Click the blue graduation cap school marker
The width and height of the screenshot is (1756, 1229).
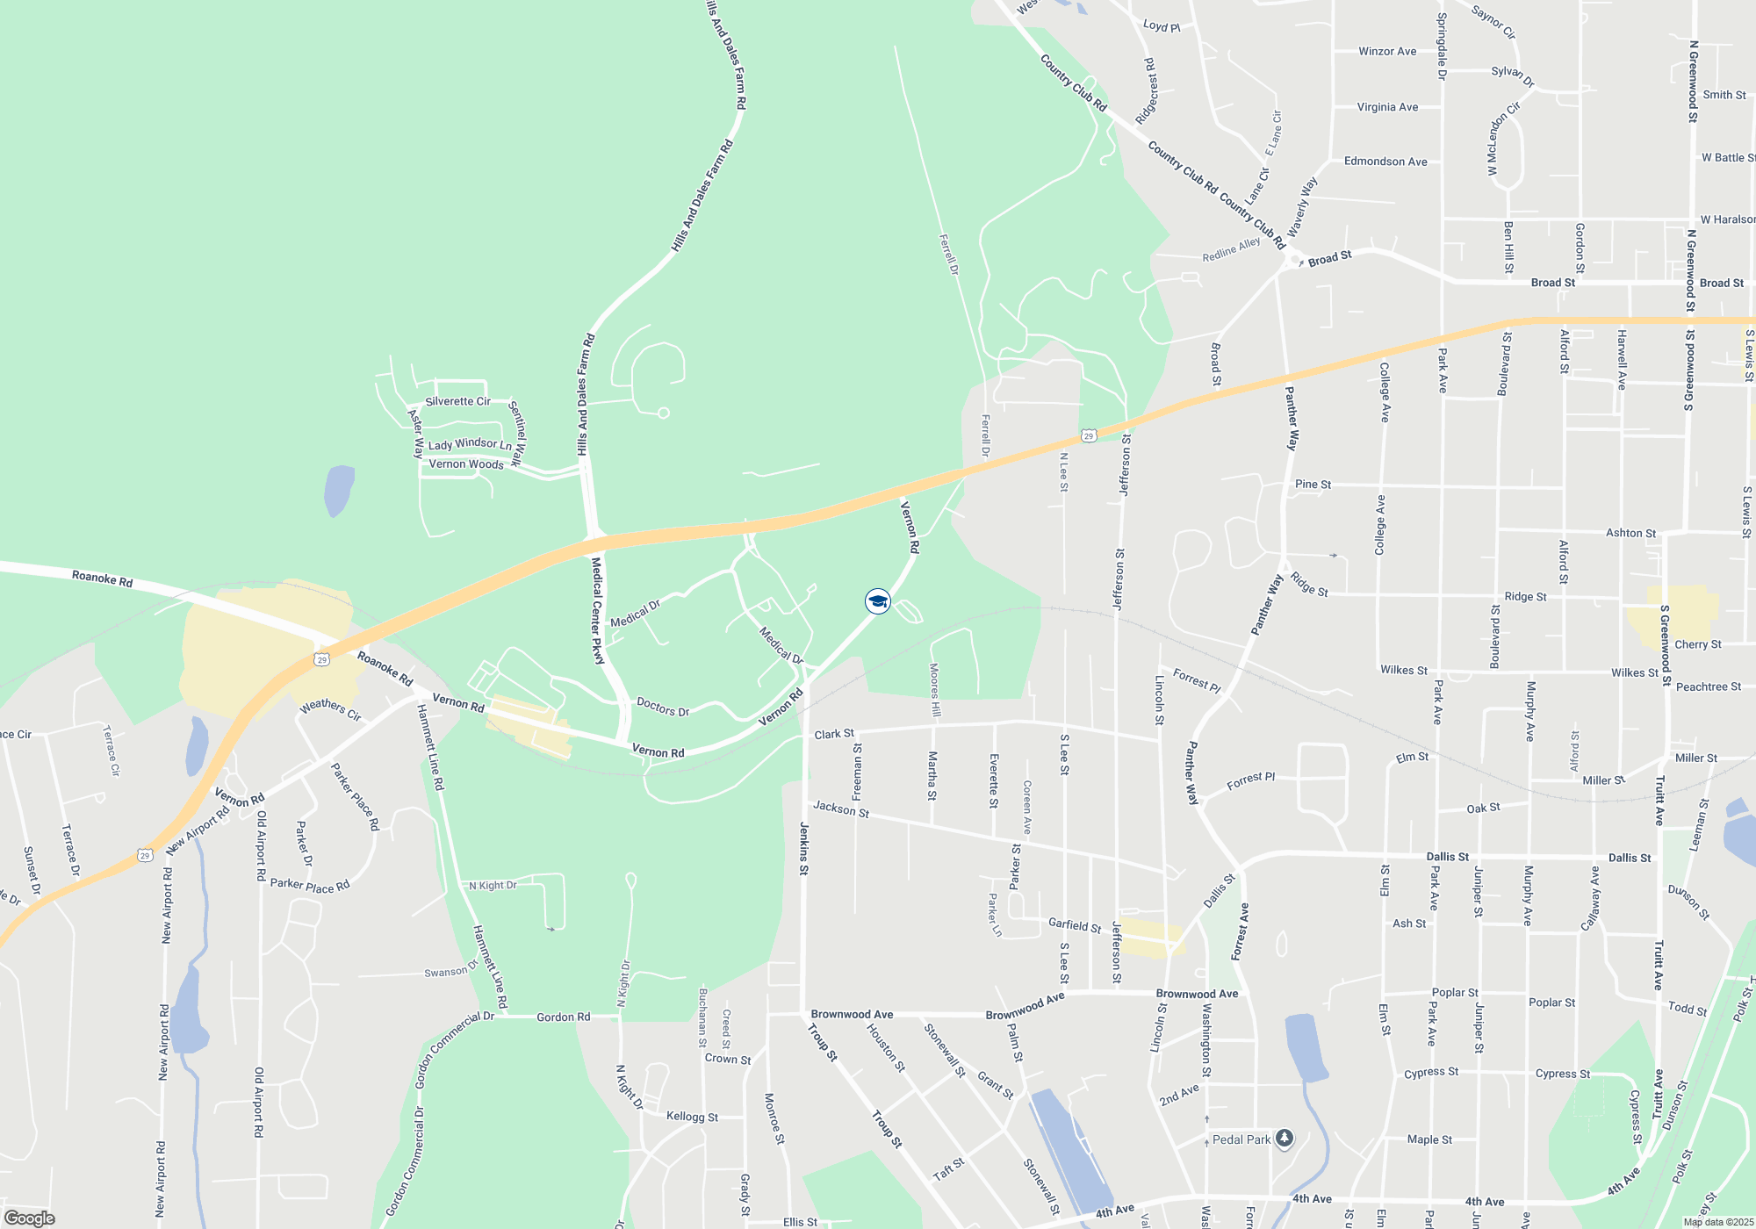[878, 601]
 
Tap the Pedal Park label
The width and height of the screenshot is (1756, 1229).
[1241, 1139]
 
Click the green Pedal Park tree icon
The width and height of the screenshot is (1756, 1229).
[1285, 1139]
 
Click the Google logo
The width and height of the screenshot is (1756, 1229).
[30, 1218]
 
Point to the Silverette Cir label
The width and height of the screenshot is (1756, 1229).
[457, 401]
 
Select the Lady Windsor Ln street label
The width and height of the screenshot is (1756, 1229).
[470, 444]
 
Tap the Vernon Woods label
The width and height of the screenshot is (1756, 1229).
[466, 464]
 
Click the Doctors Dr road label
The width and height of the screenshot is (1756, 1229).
[663, 707]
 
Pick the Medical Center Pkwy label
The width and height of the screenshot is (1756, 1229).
[598, 611]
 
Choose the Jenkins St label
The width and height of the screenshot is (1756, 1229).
[803, 848]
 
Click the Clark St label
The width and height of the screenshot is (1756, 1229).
[834, 734]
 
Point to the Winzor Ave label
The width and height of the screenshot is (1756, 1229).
[1387, 51]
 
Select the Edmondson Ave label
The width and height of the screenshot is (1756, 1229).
[1385, 162]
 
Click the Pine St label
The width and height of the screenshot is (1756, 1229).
[1313, 484]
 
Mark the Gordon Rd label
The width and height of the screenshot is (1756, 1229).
[564, 1017]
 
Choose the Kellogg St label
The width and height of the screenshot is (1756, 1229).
[692, 1117]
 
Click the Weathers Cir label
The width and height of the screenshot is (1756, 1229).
[331, 709]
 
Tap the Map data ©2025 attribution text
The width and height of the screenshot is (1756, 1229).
[1718, 1222]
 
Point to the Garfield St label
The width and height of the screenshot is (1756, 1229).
[1075, 924]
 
